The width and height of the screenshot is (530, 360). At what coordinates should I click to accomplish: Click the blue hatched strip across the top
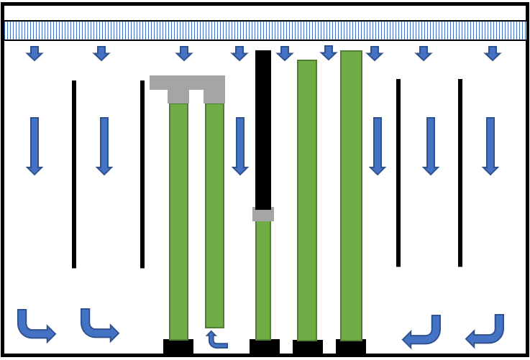265,30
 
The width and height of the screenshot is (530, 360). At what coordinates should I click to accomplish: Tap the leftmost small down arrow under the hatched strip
35,53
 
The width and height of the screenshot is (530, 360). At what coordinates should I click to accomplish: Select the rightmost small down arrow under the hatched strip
492,53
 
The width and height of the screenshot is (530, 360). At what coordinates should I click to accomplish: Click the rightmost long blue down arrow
490,146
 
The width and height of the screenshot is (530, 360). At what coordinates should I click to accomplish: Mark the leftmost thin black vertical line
74,174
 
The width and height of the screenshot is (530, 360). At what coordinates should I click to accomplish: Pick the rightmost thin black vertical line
460,172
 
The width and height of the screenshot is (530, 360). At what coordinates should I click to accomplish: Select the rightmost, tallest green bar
351,195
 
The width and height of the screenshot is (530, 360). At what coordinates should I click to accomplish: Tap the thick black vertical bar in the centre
263,129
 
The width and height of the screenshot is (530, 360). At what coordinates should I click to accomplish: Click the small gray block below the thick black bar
263,214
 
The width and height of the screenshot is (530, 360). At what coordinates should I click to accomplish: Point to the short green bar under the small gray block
263,280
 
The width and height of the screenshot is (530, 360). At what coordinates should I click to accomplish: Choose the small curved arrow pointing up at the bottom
215,339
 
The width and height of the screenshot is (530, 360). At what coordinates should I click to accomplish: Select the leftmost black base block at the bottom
178,347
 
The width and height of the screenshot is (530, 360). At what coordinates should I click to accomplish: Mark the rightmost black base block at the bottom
351,347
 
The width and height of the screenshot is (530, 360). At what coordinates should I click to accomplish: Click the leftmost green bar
178,221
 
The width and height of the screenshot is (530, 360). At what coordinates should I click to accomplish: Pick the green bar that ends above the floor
214,216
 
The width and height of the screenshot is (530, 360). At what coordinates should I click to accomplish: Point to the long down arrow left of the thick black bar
240,146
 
